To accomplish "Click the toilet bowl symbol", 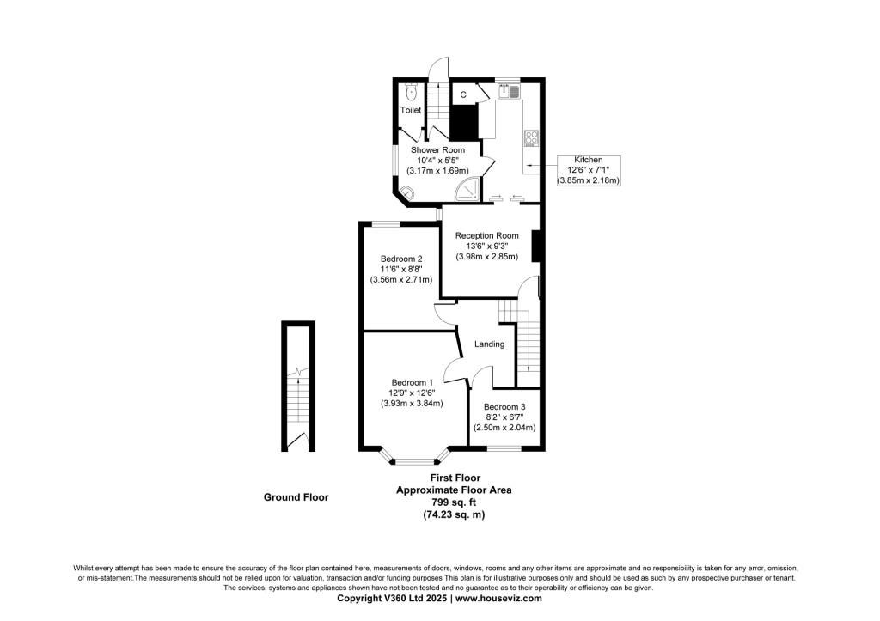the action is click(412, 91).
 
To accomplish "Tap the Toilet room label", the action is click(411, 110).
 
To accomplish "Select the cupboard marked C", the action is click(463, 94).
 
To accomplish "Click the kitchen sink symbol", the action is click(510, 90).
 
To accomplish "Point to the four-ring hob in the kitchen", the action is click(531, 138).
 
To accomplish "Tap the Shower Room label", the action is click(437, 149).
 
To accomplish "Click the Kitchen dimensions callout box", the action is click(588, 171).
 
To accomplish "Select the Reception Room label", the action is click(486, 235).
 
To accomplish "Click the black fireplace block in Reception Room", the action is click(535, 247).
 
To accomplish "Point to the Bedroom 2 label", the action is click(401, 259).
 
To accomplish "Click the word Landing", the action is click(489, 344).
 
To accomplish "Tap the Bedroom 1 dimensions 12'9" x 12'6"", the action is click(412, 393).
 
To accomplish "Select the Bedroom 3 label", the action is click(504, 407).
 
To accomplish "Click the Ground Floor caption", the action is click(296, 497).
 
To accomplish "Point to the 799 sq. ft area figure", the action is click(454, 502).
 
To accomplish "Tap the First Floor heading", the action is click(455, 478).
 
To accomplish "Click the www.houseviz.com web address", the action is click(498, 598).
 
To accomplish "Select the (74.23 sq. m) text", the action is click(454, 514).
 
